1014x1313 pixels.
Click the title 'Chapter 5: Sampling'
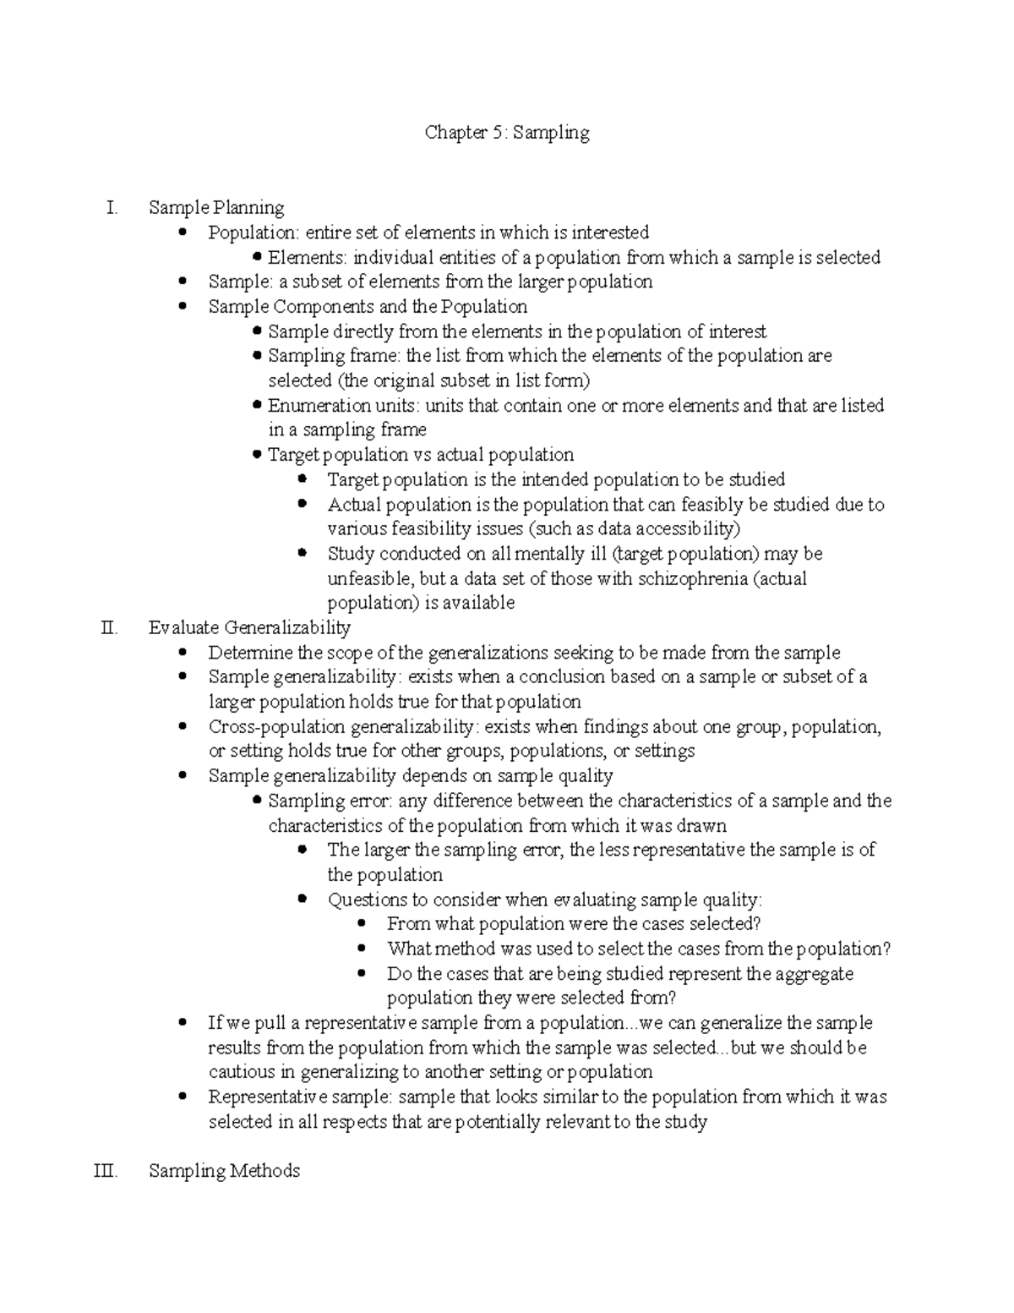(x=507, y=133)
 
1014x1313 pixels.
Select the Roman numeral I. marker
(x=112, y=207)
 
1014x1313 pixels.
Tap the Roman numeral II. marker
(x=108, y=627)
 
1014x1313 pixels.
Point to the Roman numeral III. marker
(x=106, y=1171)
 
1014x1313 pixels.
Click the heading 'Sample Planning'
(x=216, y=207)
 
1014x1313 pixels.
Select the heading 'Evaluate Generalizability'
(x=249, y=627)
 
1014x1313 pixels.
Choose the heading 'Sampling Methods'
(x=224, y=1171)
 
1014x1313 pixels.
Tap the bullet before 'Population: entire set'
(x=184, y=233)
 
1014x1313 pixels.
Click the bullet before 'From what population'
(x=363, y=924)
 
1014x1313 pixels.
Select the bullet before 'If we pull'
(x=184, y=1023)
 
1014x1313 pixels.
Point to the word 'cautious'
(x=242, y=1072)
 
